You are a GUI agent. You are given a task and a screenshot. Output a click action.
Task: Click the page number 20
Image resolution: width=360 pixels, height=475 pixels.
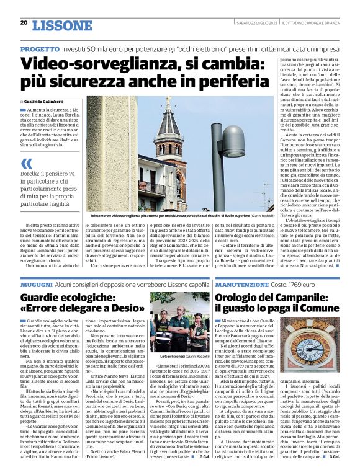pyautogui.click(x=24, y=23)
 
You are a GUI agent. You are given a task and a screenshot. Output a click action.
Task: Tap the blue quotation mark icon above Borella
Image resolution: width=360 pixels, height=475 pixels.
pyautogui.click(x=26, y=164)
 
